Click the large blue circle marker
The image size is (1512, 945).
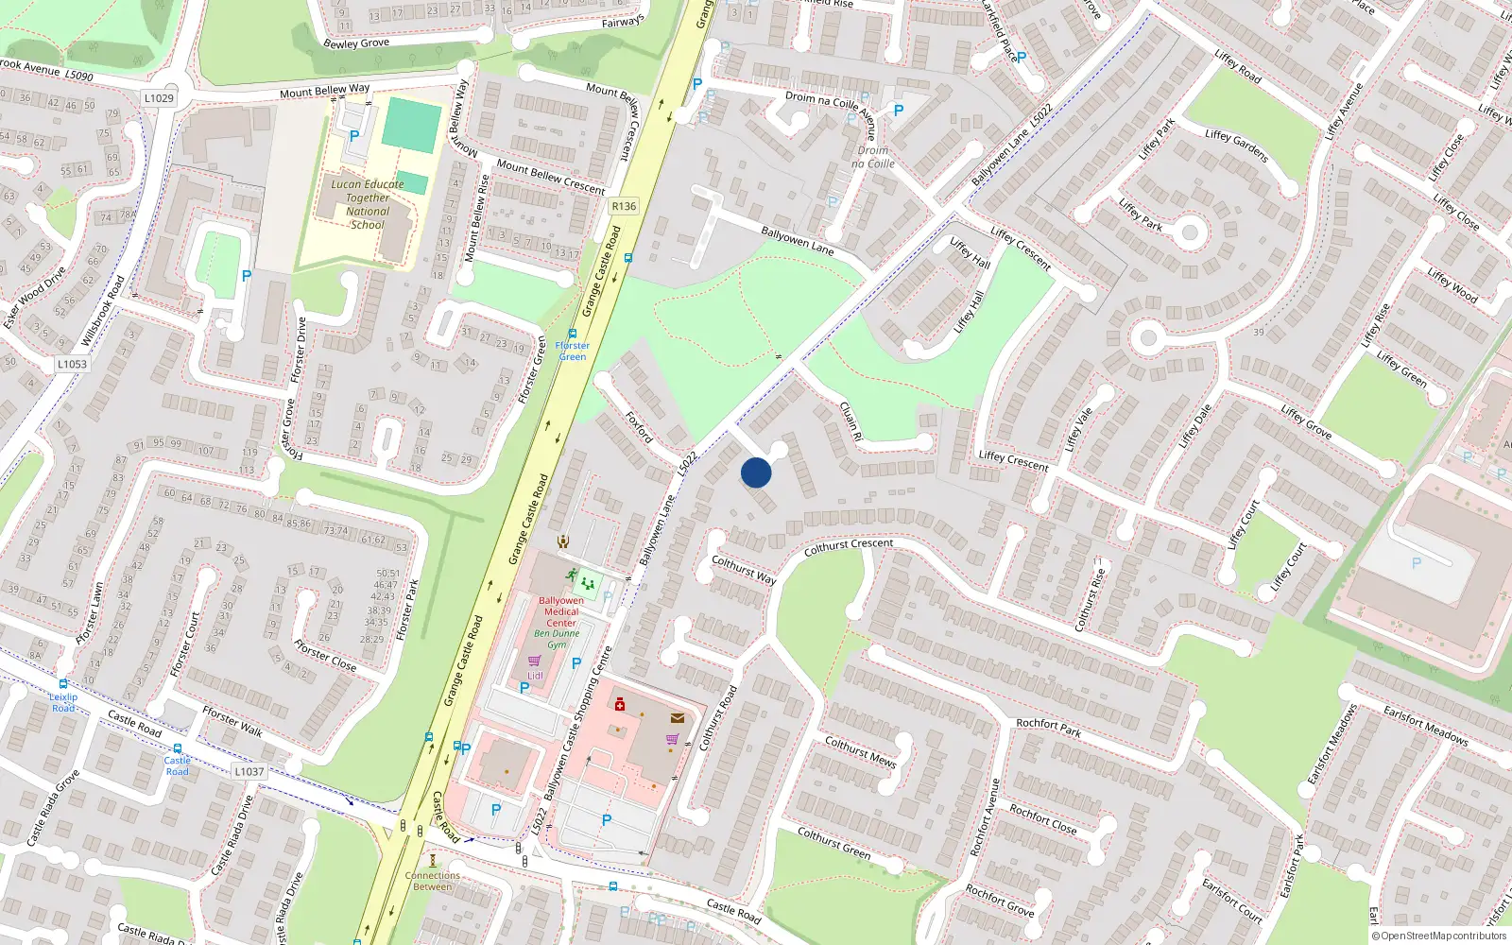click(x=756, y=472)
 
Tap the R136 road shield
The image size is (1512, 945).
click(x=624, y=206)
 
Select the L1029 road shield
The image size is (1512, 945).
click(x=160, y=98)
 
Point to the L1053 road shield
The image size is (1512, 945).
click(x=72, y=364)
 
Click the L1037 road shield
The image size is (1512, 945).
click(x=249, y=771)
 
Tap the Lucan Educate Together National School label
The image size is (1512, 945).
click(x=368, y=204)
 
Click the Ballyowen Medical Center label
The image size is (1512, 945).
click(x=561, y=611)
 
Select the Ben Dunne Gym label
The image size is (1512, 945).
click(x=557, y=639)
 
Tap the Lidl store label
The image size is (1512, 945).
click(x=535, y=675)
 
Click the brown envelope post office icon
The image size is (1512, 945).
click(x=678, y=718)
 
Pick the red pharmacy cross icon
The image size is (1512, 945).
click(x=620, y=704)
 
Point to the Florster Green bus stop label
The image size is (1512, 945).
click(x=572, y=351)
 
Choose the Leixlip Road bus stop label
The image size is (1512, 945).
click(x=63, y=702)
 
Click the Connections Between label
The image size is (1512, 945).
click(x=433, y=881)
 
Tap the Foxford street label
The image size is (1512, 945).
click(x=640, y=426)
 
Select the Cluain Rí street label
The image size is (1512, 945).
click(x=850, y=421)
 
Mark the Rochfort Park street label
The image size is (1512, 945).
click(x=1049, y=728)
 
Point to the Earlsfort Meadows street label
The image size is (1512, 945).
click(x=1425, y=725)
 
